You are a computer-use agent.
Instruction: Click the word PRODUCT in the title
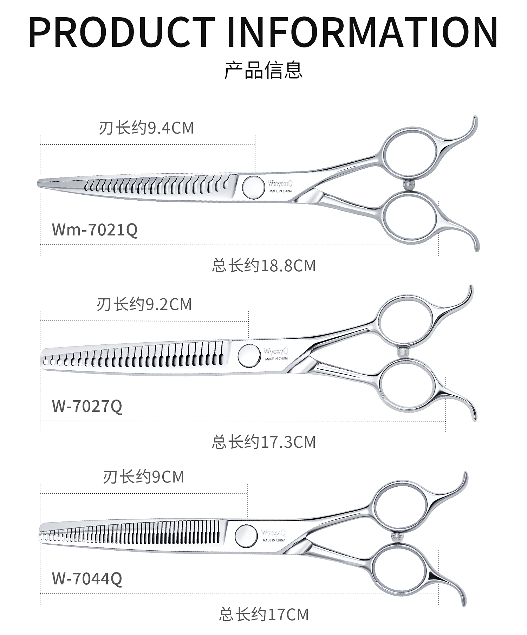point(121,32)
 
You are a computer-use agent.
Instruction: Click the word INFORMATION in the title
point(362,32)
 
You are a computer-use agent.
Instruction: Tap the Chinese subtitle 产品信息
point(263,70)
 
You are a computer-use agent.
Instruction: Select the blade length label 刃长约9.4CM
point(146,128)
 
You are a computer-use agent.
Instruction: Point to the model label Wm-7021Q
point(95,230)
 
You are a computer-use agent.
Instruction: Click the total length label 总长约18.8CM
point(263,266)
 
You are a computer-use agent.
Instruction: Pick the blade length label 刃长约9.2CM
point(144,304)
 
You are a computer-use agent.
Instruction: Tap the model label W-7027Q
point(87,406)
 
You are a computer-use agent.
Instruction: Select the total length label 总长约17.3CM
point(263,442)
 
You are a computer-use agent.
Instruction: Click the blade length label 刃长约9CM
point(143,477)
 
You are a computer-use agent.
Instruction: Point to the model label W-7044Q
point(87,579)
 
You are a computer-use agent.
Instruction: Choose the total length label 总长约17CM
point(263,615)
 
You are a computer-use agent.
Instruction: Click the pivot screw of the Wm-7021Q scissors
point(253,186)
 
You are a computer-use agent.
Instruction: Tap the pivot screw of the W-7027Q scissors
point(249,355)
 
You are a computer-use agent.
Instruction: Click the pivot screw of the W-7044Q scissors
point(246,536)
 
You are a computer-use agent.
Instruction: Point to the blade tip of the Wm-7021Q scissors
point(39,183)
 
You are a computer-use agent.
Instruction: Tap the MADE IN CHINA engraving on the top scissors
point(280,191)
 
